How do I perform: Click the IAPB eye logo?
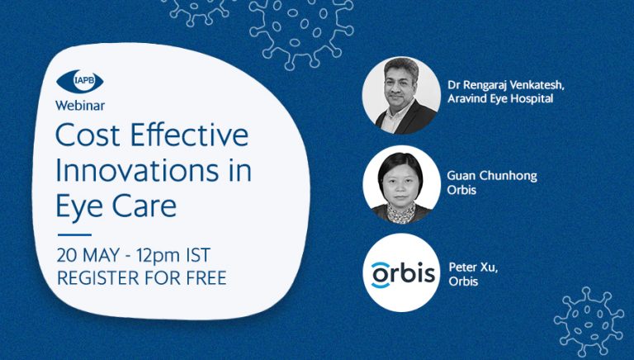coord(79,81)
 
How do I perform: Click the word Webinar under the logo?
coord(80,106)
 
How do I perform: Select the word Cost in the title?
coord(88,135)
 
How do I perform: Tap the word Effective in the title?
coord(189,135)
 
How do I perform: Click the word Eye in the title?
coord(79,207)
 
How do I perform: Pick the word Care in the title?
coord(144,206)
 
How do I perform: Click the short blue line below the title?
coord(74,234)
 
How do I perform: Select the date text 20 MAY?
coord(88,255)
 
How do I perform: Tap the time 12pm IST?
coord(173,255)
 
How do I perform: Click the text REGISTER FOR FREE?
coord(141,278)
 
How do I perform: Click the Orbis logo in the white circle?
coord(403,274)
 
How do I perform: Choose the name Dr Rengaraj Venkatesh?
coord(505,85)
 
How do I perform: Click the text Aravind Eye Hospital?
coord(500,98)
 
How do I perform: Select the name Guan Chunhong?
coord(492,177)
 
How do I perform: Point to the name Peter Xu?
coord(473,268)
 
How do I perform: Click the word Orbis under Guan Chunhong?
coord(461,190)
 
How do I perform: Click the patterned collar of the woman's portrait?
coord(401,213)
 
